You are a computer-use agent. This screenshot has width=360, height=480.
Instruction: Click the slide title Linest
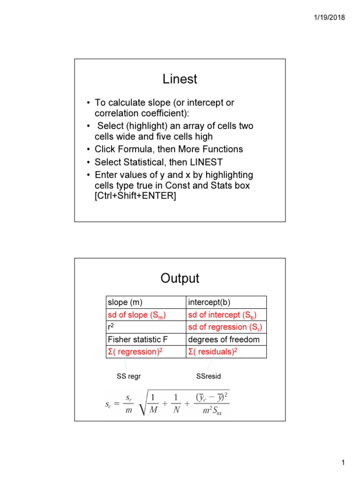click(180, 79)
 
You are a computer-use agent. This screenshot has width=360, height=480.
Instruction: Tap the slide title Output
click(180, 278)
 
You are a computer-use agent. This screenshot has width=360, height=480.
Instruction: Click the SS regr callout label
click(128, 376)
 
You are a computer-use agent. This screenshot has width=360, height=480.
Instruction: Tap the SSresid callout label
click(209, 376)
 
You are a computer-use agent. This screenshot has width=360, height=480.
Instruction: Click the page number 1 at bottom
click(343, 464)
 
